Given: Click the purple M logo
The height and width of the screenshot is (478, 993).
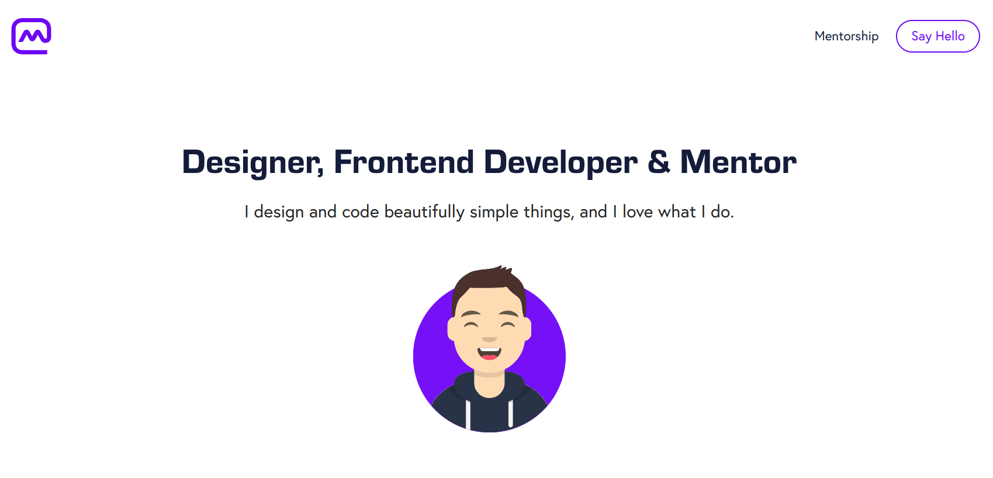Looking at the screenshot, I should point(32,36).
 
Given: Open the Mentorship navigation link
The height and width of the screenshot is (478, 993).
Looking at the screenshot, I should point(846,36).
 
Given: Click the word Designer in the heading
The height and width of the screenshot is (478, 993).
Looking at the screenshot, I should point(252,162).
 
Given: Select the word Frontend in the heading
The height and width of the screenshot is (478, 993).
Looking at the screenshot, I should point(404,162).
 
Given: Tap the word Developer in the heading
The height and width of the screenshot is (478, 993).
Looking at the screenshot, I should point(560,162).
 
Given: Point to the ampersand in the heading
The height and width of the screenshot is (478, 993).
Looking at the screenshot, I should point(659,162).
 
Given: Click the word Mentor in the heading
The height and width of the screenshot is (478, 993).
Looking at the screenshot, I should point(738,162).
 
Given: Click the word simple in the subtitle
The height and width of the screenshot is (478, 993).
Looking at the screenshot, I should point(494,212).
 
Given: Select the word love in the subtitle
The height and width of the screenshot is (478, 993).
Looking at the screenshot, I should point(638,212).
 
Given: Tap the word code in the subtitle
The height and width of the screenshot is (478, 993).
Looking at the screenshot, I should point(361,212).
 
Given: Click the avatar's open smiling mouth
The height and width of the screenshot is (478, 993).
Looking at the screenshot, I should point(489,353).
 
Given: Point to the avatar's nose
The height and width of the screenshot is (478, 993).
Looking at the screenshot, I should point(489,338).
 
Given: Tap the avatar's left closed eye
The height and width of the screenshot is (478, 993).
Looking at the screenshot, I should point(470,324).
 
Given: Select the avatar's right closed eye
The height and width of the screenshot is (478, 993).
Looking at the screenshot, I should point(508,324).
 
